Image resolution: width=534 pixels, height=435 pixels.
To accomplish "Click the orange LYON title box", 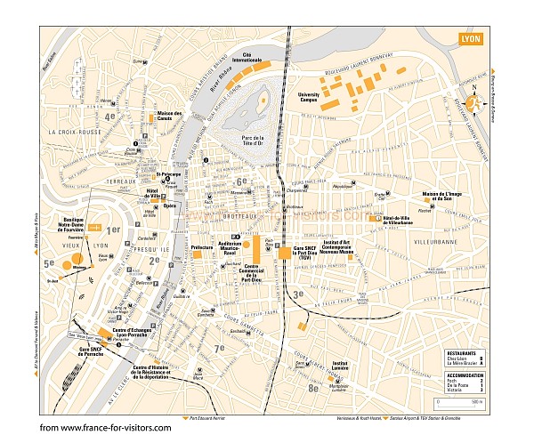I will (473, 40).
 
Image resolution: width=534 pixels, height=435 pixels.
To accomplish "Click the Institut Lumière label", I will (339, 366).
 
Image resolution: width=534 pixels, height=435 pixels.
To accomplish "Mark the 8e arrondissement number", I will (312, 387).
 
